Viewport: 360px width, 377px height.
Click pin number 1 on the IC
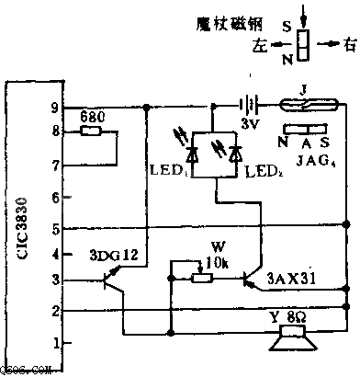pyautogui.click(x=55, y=342)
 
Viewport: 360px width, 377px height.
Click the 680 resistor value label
pyautogui.click(x=92, y=119)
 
